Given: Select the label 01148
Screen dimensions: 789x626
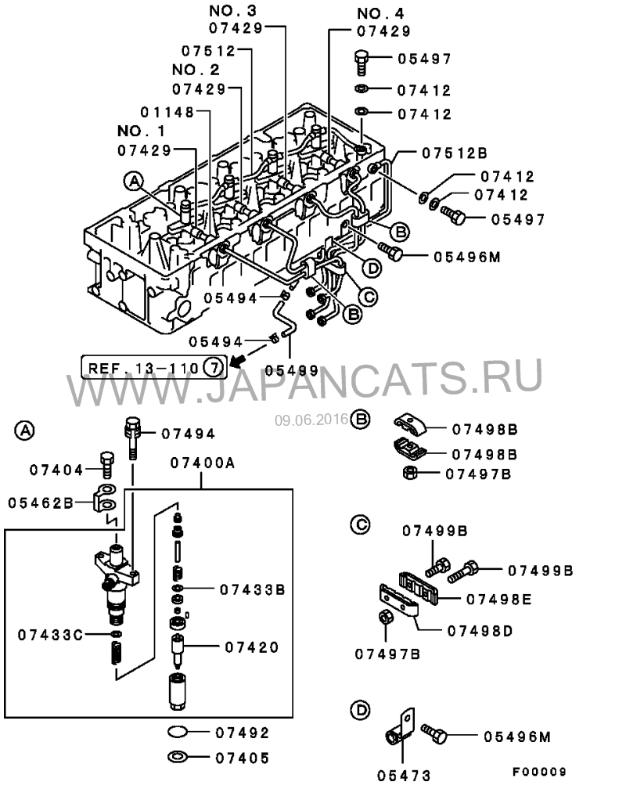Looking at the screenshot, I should pos(167,112).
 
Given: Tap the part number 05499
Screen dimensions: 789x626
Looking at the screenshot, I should pos(291,370).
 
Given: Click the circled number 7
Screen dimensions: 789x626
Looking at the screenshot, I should pos(213,365).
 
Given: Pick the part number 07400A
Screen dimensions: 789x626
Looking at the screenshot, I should pos(202,463).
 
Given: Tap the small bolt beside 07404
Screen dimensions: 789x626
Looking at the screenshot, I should pos(106,463).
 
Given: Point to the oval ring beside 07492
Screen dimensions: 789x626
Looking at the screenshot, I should pos(178,733).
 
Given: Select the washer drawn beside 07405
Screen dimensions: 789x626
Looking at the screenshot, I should pos(178,757).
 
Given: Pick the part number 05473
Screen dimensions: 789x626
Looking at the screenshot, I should pos(404,775).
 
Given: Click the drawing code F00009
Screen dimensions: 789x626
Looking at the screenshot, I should pos(540,772).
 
